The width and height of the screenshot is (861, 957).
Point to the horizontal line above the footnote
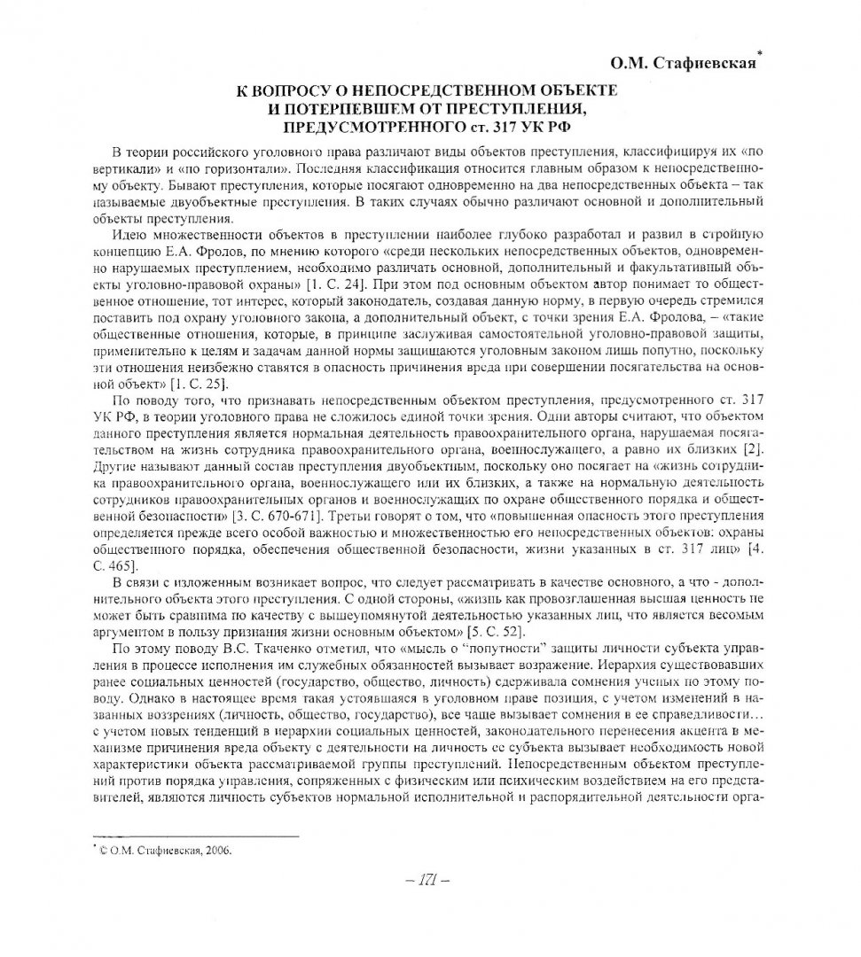point(194,834)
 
